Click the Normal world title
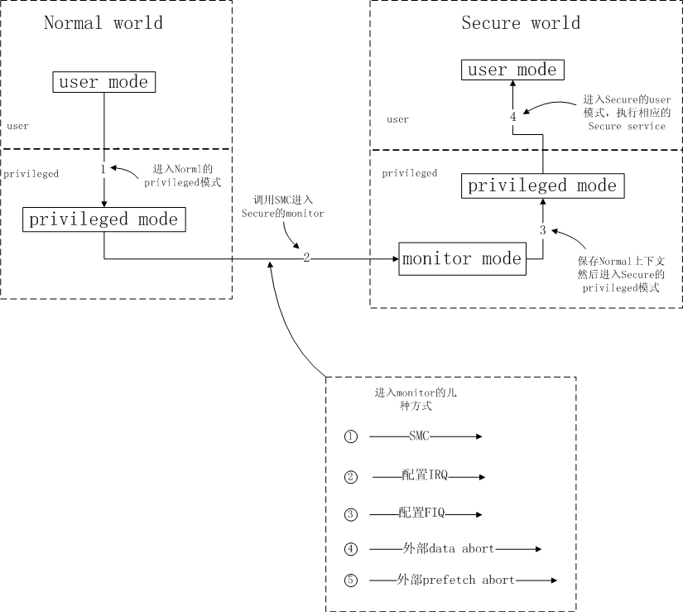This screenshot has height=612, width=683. click(103, 22)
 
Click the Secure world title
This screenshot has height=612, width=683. click(521, 22)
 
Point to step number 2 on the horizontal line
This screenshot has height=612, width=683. click(306, 258)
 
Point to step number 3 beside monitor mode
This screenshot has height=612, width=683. click(543, 230)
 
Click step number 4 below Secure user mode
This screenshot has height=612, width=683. click(513, 116)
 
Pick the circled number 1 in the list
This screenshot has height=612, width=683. click(351, 436)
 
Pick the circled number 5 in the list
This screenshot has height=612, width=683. click(351, 581)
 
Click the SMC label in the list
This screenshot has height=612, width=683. click(419, 436)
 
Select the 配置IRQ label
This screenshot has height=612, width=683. click(425, 475)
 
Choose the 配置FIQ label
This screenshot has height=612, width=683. click(421, 513)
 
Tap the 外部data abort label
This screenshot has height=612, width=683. click(449, 548)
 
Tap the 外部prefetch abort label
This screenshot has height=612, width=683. click(455, 580)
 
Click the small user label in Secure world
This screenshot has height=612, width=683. click(397, 119)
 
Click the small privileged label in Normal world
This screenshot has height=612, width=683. click(31, 174)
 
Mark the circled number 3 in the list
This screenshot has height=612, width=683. click(351, 514)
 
